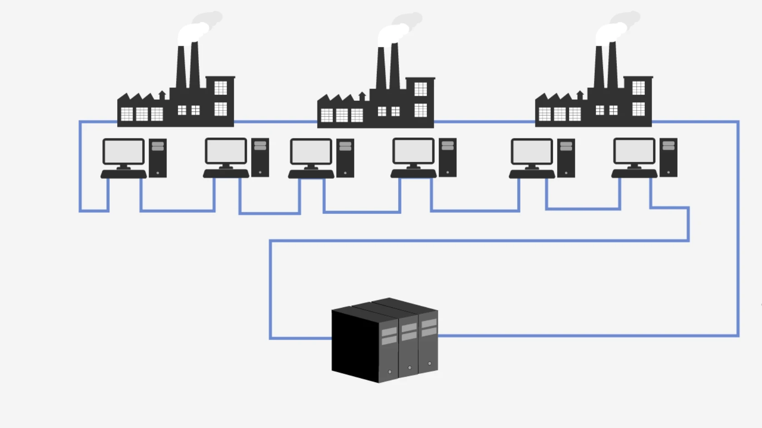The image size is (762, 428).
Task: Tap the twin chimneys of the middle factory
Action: click(388, 66)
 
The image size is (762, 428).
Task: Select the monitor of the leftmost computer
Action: click(123, 152)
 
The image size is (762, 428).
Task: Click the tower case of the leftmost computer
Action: click(158, 158)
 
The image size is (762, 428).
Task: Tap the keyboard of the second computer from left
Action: click(226, 174)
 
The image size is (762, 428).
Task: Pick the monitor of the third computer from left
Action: click(311, 152)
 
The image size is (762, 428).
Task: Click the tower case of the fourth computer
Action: click(447, 158)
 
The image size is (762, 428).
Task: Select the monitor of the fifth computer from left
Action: click(531, 152)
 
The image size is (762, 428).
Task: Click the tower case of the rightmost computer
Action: click(668, 158)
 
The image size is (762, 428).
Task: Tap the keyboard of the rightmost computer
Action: click(634, 174)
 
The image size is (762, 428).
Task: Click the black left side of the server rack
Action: click(354, 345)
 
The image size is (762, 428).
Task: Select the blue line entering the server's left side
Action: click(300, 338)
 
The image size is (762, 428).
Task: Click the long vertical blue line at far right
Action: click(738, 227)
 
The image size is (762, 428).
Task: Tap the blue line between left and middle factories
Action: click(275, 122)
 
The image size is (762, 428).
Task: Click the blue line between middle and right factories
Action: click(484, 122)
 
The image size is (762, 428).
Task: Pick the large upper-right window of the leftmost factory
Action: click(221, 88)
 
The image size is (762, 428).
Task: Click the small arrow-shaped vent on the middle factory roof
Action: click(362, 96)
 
